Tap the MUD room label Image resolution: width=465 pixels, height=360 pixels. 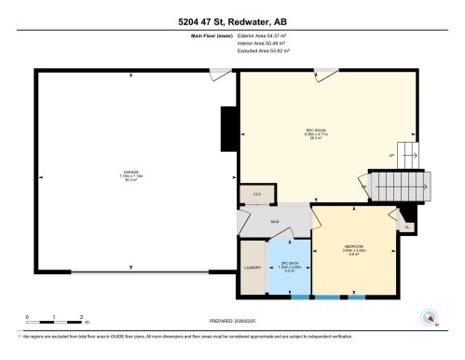pos(275,221)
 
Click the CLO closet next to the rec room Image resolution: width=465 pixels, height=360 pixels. pos(256,193)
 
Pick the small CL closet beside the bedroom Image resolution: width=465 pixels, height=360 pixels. pos(406,226)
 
